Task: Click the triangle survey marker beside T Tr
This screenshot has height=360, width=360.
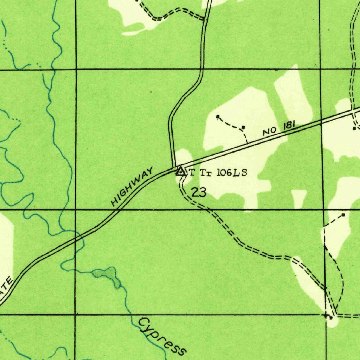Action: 180,172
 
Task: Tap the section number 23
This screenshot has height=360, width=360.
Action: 199,192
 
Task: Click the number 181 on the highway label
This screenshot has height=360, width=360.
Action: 288,126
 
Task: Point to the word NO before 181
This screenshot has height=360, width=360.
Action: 269,131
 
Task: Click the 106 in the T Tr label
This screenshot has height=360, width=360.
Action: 224,173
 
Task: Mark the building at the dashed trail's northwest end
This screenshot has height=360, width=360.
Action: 218,116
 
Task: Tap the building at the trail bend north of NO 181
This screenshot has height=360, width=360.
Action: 243,127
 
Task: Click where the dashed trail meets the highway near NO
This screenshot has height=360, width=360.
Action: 247,143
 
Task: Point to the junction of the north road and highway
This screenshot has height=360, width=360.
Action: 174,167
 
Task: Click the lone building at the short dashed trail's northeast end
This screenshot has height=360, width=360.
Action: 343,214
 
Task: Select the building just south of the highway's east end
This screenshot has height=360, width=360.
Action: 354,128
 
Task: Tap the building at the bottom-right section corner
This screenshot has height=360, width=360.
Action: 330,317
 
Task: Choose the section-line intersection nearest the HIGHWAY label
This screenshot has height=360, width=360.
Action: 76,210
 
